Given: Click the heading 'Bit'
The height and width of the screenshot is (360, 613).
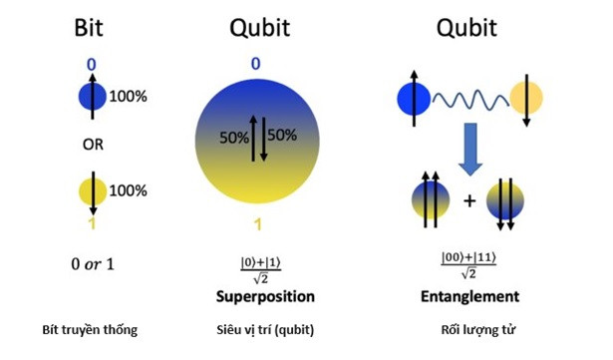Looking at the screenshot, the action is tap(89, 27).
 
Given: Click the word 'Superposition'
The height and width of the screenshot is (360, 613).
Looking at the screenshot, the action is tap(265, 296).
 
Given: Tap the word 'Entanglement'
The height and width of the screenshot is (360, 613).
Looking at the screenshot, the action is tap(469, 296).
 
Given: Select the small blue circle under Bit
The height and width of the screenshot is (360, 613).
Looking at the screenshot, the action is tap(93, 97).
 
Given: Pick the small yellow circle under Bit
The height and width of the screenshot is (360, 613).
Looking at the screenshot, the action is tap(93, 191).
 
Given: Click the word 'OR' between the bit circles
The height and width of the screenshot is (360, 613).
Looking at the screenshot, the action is tap(93, 145).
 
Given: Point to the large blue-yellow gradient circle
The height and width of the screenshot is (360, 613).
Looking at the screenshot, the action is tap(257, 141).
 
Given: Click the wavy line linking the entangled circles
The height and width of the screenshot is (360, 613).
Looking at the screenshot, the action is tap(470, 100).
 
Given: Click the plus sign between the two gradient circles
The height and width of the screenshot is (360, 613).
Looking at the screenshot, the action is tap(469, 200).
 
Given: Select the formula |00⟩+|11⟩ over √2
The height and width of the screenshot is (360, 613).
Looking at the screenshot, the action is tap(468, 265).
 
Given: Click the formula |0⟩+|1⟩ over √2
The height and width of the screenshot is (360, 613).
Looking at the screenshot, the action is tap(261, 270).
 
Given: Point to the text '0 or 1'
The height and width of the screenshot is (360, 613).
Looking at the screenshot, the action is tap(93, 264).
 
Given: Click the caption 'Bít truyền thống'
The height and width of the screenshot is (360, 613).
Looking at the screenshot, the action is tap(90, 330).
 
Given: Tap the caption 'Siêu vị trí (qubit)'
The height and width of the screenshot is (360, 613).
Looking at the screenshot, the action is tap(265, 330).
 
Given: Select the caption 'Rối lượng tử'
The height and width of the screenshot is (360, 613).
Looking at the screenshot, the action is tap(478, 330).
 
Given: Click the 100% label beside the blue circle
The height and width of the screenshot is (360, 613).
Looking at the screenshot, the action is tap(129, 97).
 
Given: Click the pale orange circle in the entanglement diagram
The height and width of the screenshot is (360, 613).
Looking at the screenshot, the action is tap(526, 98).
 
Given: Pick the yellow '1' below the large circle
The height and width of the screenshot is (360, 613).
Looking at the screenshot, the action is tap(257, 224).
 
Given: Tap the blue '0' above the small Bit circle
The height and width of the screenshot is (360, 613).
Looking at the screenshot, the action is tap(91, 65).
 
